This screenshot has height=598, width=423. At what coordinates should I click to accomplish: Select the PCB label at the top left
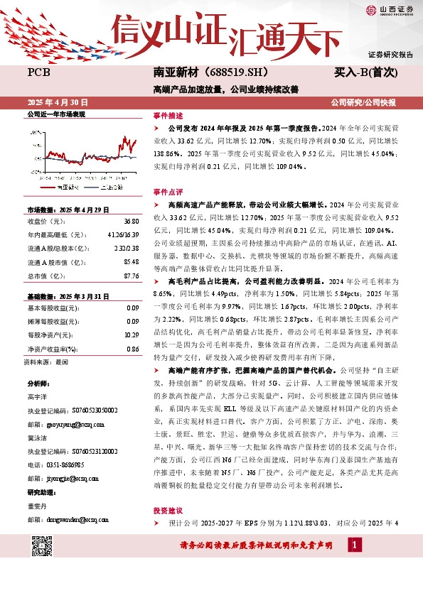[38, 72]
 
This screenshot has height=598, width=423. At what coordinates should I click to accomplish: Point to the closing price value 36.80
[131, 222]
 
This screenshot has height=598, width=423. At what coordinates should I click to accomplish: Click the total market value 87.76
[131, 276]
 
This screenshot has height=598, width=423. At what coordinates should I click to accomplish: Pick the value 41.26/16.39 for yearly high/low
[123, 235]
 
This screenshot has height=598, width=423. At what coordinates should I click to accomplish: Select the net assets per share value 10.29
[132, 334]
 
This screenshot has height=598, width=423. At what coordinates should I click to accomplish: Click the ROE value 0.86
[133, 348]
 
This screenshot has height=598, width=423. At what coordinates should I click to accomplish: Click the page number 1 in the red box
[354, 545]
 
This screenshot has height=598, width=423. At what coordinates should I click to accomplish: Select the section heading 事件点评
[168, 192]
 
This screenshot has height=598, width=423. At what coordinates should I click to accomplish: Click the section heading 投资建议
[168, 511]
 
